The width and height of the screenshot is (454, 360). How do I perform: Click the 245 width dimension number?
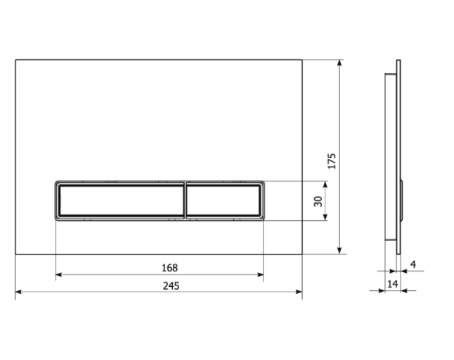click(x=171, y=286)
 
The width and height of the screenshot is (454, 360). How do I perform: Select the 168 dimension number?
click(x=169, y=268)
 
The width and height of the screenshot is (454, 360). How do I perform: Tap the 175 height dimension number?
click(x=332, y=161)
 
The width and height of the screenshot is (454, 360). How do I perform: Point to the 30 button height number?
click(x=318, y=201)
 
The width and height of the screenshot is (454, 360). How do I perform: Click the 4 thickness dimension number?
click(x=413, y=264)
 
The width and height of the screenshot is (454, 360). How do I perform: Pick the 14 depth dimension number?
click(x=393, y=284)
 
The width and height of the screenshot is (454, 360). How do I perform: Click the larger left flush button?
click(x=122, y=200)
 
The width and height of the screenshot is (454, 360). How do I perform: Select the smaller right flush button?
click(x=223, y=200)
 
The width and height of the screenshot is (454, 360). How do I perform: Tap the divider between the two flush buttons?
click(x=186, y=200)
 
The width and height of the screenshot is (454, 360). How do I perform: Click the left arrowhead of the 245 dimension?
click(x=18, y=292)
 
